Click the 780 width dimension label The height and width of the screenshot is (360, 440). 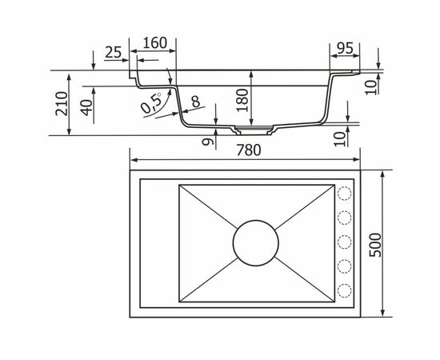tap(248, 150)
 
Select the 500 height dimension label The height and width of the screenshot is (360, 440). tap(375, 245)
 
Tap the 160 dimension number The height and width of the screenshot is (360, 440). tap(155, 43)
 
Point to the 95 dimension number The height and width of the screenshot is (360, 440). tap(345, 48)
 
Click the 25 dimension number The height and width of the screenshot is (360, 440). tap(114, 52)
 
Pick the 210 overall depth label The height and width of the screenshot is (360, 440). tap(62, 103)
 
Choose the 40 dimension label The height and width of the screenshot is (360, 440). tap(87, 107)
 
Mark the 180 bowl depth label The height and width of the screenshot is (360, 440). tap(242, 100)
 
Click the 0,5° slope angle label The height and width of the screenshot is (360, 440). tap(151, 102)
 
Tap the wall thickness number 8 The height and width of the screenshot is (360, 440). tap(195, 102)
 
